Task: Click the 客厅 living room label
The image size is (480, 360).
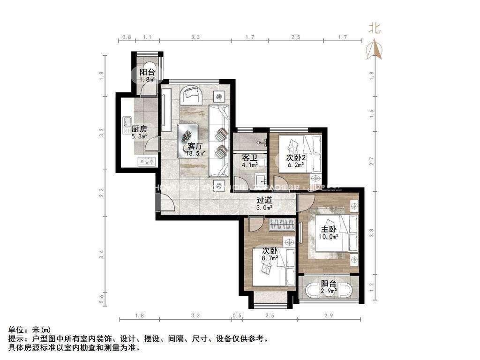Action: pos(195,146)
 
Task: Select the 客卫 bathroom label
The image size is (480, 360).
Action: pos(249,157)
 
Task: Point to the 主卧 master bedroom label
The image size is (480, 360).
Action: pos(328,229)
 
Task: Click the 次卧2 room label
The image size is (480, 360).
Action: pos(296,157)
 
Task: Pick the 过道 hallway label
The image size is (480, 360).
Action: pos(264,200)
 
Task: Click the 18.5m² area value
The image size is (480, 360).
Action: pos(195,153)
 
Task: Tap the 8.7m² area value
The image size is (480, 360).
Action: pos(270,257)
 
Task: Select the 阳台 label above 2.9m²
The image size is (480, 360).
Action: pos(328,284)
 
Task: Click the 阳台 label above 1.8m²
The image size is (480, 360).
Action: pos(147,72)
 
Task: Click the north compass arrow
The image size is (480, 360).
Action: pos(375,50)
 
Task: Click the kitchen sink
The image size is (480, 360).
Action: pos(127,123)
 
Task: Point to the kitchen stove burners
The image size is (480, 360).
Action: pos(147,161)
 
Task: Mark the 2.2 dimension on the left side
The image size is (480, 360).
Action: pos(101,192)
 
